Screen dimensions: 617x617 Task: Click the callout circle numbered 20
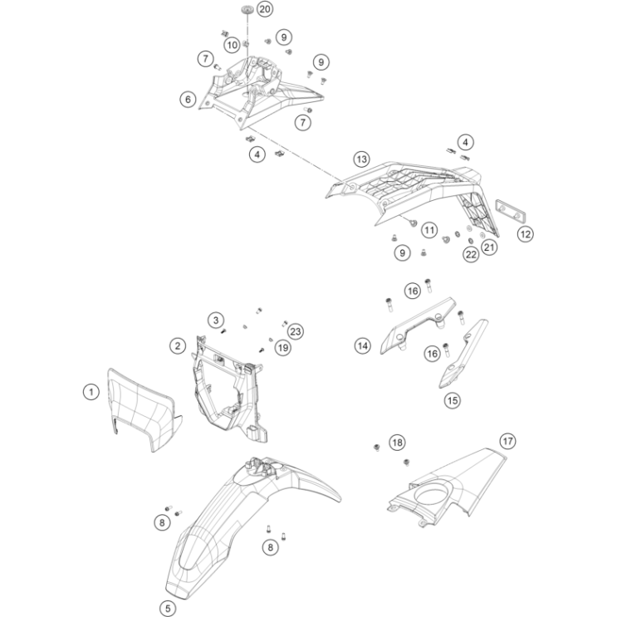pyautogui.click(x=265, y=8)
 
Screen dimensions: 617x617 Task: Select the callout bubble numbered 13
pyautogui.click(x=361, y=159)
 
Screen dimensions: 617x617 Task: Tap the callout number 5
pyautogui.click(x=168, y=609)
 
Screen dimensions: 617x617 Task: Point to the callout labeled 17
pyautogui.click(x=507, y=441)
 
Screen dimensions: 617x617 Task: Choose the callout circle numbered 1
pyautogui.click(x=91, y=392)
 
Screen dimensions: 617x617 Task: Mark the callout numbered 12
pyautogui.click(x=526, y=234)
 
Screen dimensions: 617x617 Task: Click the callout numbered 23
pyautogui.click(x=296, y=331)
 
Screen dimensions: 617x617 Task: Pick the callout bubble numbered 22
pyautogui.click(x=471, y=255)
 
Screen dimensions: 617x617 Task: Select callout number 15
pyautogui.click(x=452, y=400)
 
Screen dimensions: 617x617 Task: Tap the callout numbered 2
pyautogui.click(x=178, y=346)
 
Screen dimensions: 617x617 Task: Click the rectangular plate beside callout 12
pyautogui.click(x=510, y=211)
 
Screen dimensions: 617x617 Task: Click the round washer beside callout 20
pyautogui.click(x=247, y=8)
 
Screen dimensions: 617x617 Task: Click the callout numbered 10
pyautogui.click(x=233, y=45)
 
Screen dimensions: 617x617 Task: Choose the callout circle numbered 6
pyautogui.click(x=189, y=100)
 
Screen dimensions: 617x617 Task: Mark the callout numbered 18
pyautogui.click(x=397, y=443)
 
